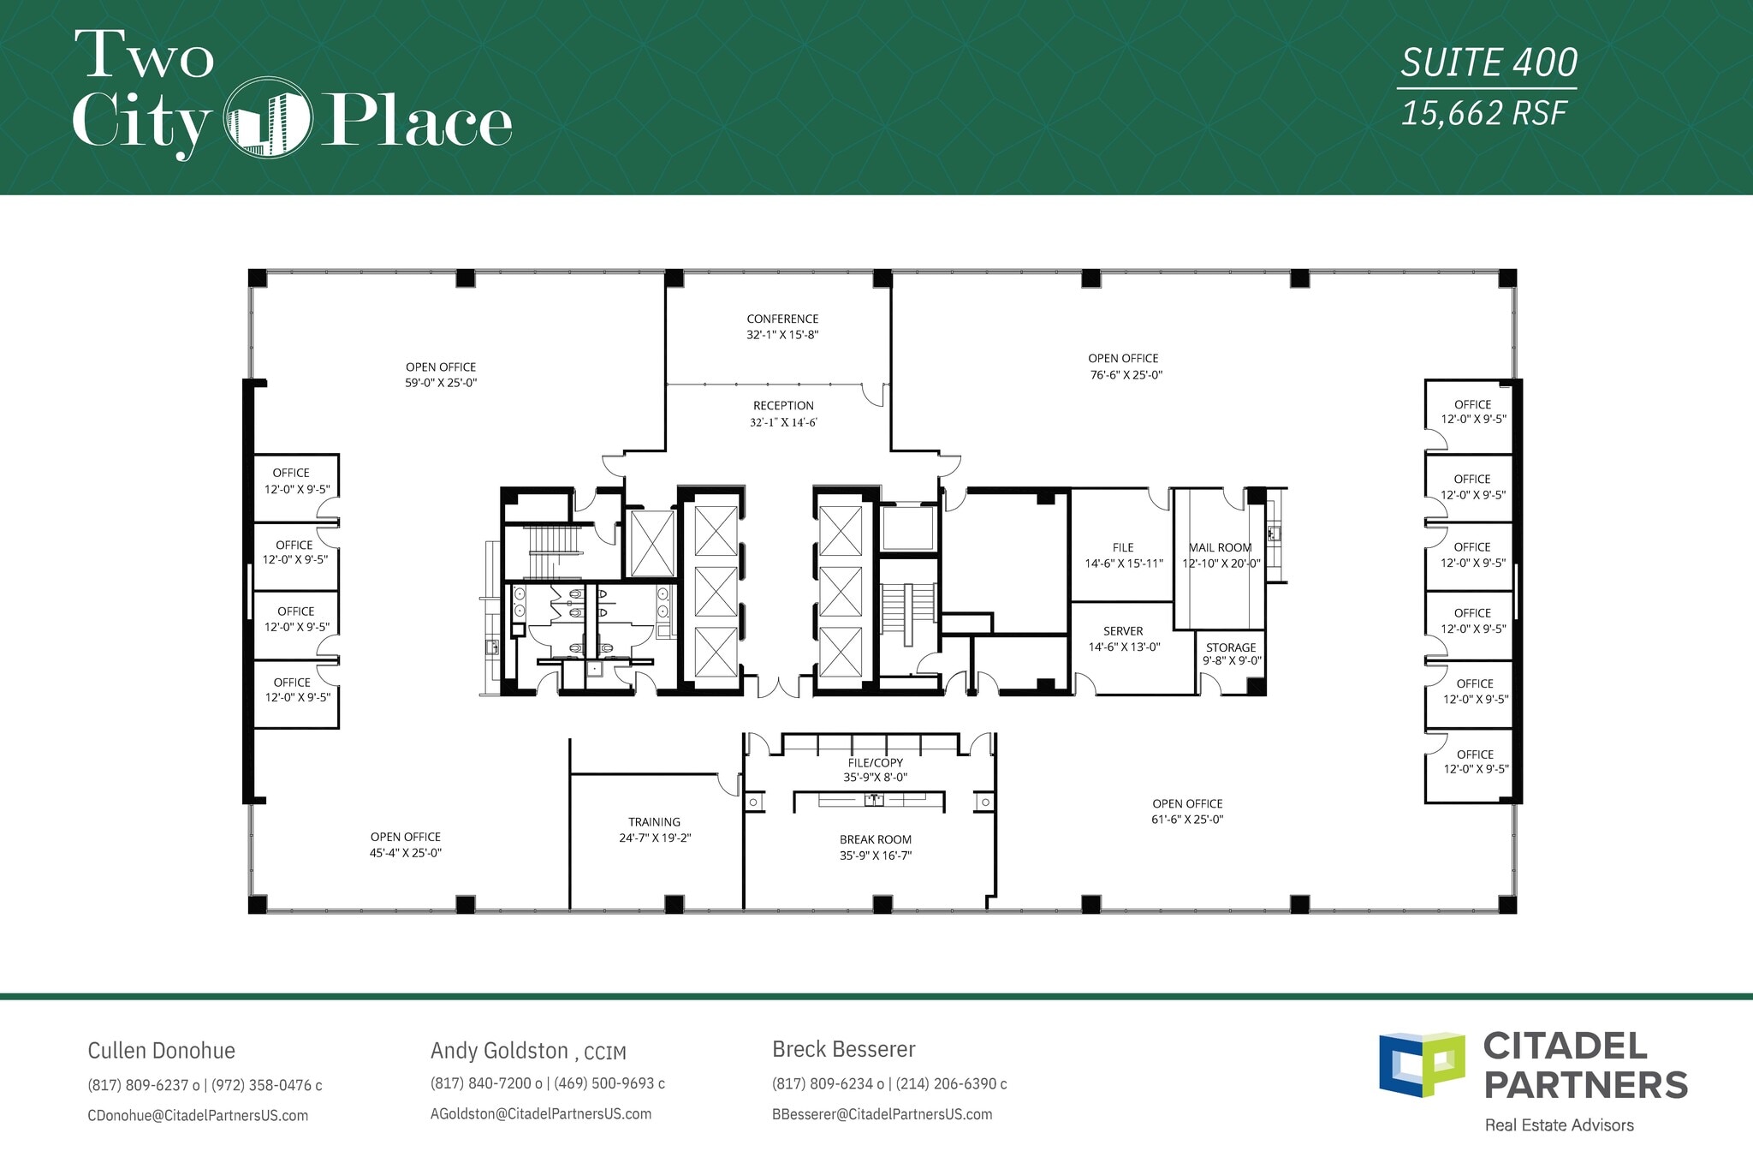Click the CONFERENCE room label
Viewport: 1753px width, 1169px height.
(x=782, y=319)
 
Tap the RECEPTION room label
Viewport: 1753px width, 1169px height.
(x=783, y=406)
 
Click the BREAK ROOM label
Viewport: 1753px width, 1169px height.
(x=875, y=840)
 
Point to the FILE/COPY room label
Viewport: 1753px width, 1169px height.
(x=875, y=763)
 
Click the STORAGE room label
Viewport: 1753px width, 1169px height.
(x=1231, y=647)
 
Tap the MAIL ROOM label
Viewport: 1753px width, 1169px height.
(x=1220, y=548)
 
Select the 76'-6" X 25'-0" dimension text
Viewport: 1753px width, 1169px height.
(x=1126, y=375)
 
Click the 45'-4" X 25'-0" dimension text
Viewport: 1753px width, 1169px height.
(x=405, y=853)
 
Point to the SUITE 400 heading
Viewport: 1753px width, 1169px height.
(x=1489, y=63)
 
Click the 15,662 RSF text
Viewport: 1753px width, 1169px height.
(x=1483, y=114)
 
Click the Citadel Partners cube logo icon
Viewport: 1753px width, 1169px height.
(x=1421, y=1065)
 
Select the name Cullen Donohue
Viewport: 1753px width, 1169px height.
(x=161, y=1051)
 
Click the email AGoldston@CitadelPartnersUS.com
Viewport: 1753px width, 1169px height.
(x=541, y=1114)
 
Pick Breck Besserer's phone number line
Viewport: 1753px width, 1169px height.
(x=888, y=1084)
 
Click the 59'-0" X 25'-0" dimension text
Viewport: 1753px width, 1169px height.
(x=441, y=383)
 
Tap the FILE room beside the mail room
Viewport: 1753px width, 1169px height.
(x=1122, y=548)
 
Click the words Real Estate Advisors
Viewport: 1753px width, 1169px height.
(x=1559, y=1125)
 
